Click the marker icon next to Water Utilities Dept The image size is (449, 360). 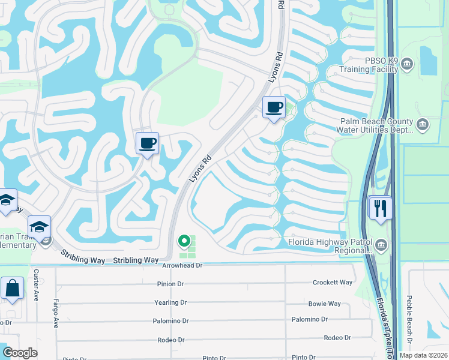point(423,124)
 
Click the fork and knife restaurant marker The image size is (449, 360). point(381,208)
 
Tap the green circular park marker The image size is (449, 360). point(185,242)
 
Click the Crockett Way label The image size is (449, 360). point(333,283)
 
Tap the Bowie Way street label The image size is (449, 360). point(324,304)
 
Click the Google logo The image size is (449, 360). point(20,353)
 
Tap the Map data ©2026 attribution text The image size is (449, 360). point(423,355)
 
